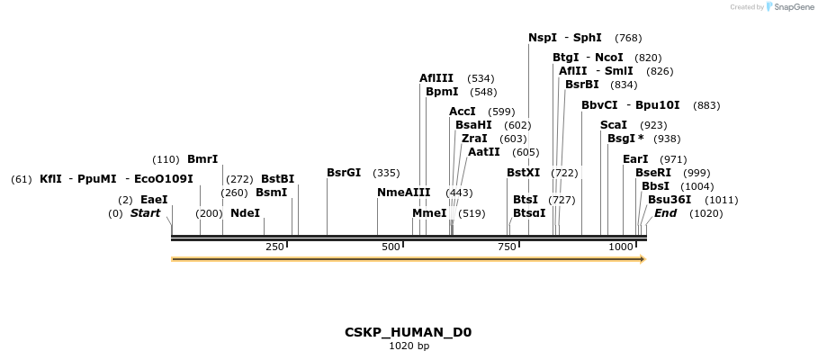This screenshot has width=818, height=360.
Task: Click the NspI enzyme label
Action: coord(543,38)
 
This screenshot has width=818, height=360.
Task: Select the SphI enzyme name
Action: coord(587,38)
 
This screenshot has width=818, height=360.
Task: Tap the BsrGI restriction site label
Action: coord(344,172)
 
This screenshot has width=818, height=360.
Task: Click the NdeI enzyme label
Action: coord(245,213)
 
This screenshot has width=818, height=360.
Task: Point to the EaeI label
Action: coord(154,200)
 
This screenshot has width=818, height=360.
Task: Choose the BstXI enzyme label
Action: coord(523,172)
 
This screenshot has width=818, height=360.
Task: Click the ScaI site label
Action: coord(614,125)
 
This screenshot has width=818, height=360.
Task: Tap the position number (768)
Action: coord(628,38)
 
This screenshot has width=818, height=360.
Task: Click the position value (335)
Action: coord(386,172)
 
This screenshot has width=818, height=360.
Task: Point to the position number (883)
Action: coord(706,105)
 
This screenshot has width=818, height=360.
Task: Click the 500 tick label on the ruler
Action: coord(391,247)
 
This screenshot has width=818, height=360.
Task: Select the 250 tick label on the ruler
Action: coord(275,247)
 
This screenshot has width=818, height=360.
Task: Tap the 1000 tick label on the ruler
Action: coord(621,247)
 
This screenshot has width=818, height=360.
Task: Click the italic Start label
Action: coord(145,213)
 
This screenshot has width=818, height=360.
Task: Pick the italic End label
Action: coord(666,213)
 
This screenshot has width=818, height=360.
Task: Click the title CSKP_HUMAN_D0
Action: coord(408,332)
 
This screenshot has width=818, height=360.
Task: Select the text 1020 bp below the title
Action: coord(409,346)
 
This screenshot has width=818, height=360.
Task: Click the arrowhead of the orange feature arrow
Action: coord(643,259)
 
